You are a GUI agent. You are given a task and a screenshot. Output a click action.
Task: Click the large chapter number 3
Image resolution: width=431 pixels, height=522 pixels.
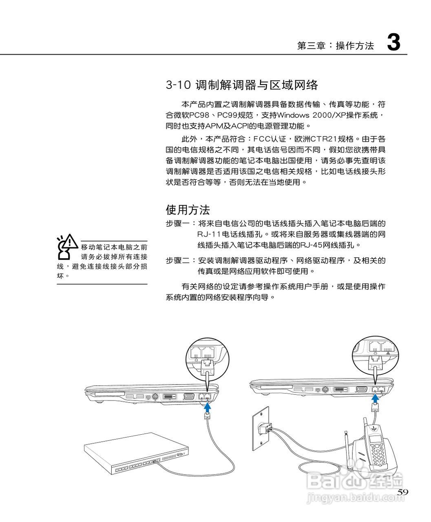(x=393, y=42)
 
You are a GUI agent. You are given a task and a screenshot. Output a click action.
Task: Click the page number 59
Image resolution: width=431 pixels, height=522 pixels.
(x=402, y=492)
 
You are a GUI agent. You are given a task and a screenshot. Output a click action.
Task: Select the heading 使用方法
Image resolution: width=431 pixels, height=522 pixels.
(x=188, y=210)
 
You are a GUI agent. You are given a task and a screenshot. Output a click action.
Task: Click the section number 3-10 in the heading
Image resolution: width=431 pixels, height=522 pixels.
(x=178, y=85)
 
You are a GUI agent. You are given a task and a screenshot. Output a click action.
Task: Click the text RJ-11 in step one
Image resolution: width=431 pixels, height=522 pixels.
(x=209, y=234)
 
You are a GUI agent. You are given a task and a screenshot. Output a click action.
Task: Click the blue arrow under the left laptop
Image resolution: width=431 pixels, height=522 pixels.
(x=208, y=407)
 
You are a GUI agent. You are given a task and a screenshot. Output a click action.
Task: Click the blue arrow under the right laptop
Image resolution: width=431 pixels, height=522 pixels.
(x=376, y=398)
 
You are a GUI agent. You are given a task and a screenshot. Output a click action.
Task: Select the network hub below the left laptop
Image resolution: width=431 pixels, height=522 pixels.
(x=137, y=454)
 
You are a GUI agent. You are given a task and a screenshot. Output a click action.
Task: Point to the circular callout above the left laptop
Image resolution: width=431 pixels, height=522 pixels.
(x=206, y=358)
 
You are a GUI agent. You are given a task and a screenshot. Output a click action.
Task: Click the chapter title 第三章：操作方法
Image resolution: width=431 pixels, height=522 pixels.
(x=335, y=46)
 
